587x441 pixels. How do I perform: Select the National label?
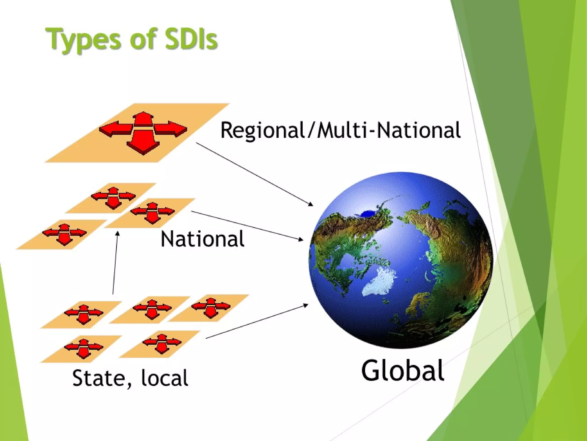click(202, 239)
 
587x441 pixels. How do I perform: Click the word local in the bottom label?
click(165, 378)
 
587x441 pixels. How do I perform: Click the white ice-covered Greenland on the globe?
click(380, 281)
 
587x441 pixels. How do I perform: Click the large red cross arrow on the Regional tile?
click(143, 133)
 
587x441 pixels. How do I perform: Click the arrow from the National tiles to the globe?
click(246, 226)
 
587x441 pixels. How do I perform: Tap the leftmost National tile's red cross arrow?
click(64, 234)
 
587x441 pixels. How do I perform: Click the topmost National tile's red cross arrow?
click(113, 198)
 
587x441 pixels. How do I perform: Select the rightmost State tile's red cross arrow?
click(211, 307)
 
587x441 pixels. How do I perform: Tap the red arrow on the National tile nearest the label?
click(152, 213)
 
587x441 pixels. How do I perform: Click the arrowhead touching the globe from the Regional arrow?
click(311, 204)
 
